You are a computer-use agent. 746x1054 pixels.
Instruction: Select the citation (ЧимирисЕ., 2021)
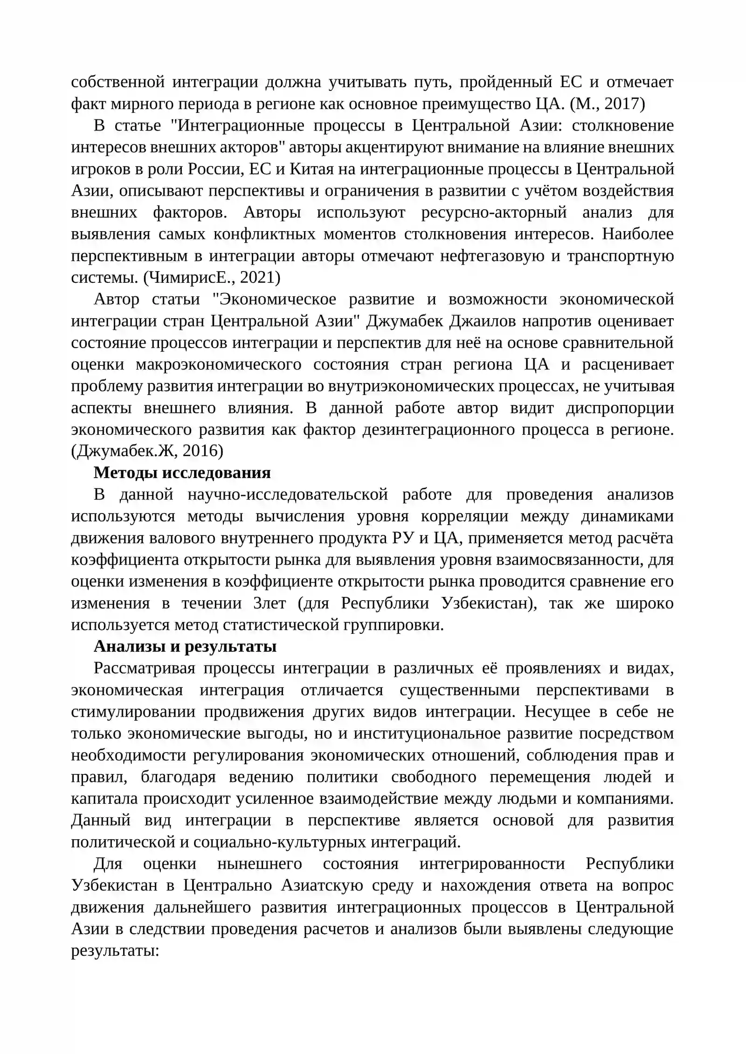[x=212, y=278]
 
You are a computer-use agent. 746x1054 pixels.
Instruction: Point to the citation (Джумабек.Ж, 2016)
[x=147, y=451]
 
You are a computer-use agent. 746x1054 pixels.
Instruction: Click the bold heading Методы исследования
[x=182, y=472]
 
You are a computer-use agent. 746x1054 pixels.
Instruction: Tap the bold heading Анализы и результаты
[x=185, y=646]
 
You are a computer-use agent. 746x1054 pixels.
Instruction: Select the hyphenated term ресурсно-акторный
[x=494, y=212]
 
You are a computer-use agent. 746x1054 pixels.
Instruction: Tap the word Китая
[x=312, y=169]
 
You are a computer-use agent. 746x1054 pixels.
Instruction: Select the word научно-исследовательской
[x=288, y=494]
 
